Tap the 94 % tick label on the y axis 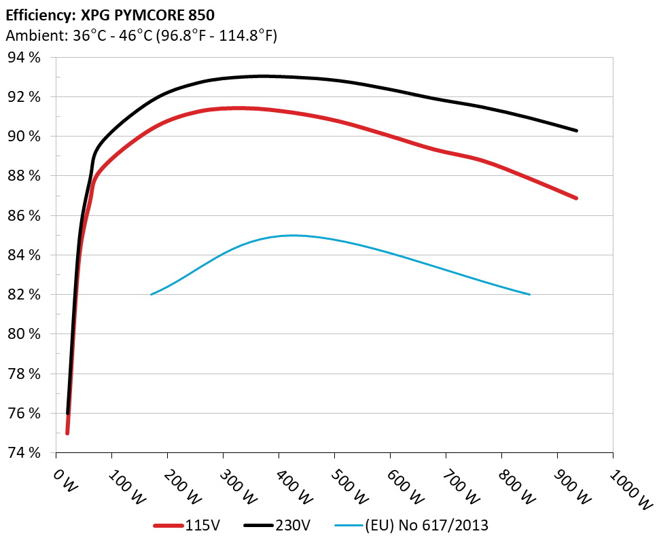(24, 58)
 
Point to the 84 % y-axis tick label (24, 255)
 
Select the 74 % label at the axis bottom (24, 453)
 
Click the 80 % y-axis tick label (24, 334)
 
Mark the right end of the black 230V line (577, 130)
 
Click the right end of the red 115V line (577, 198)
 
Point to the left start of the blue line (151, 294)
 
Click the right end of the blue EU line (529, 294)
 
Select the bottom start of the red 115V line (67, 433)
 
